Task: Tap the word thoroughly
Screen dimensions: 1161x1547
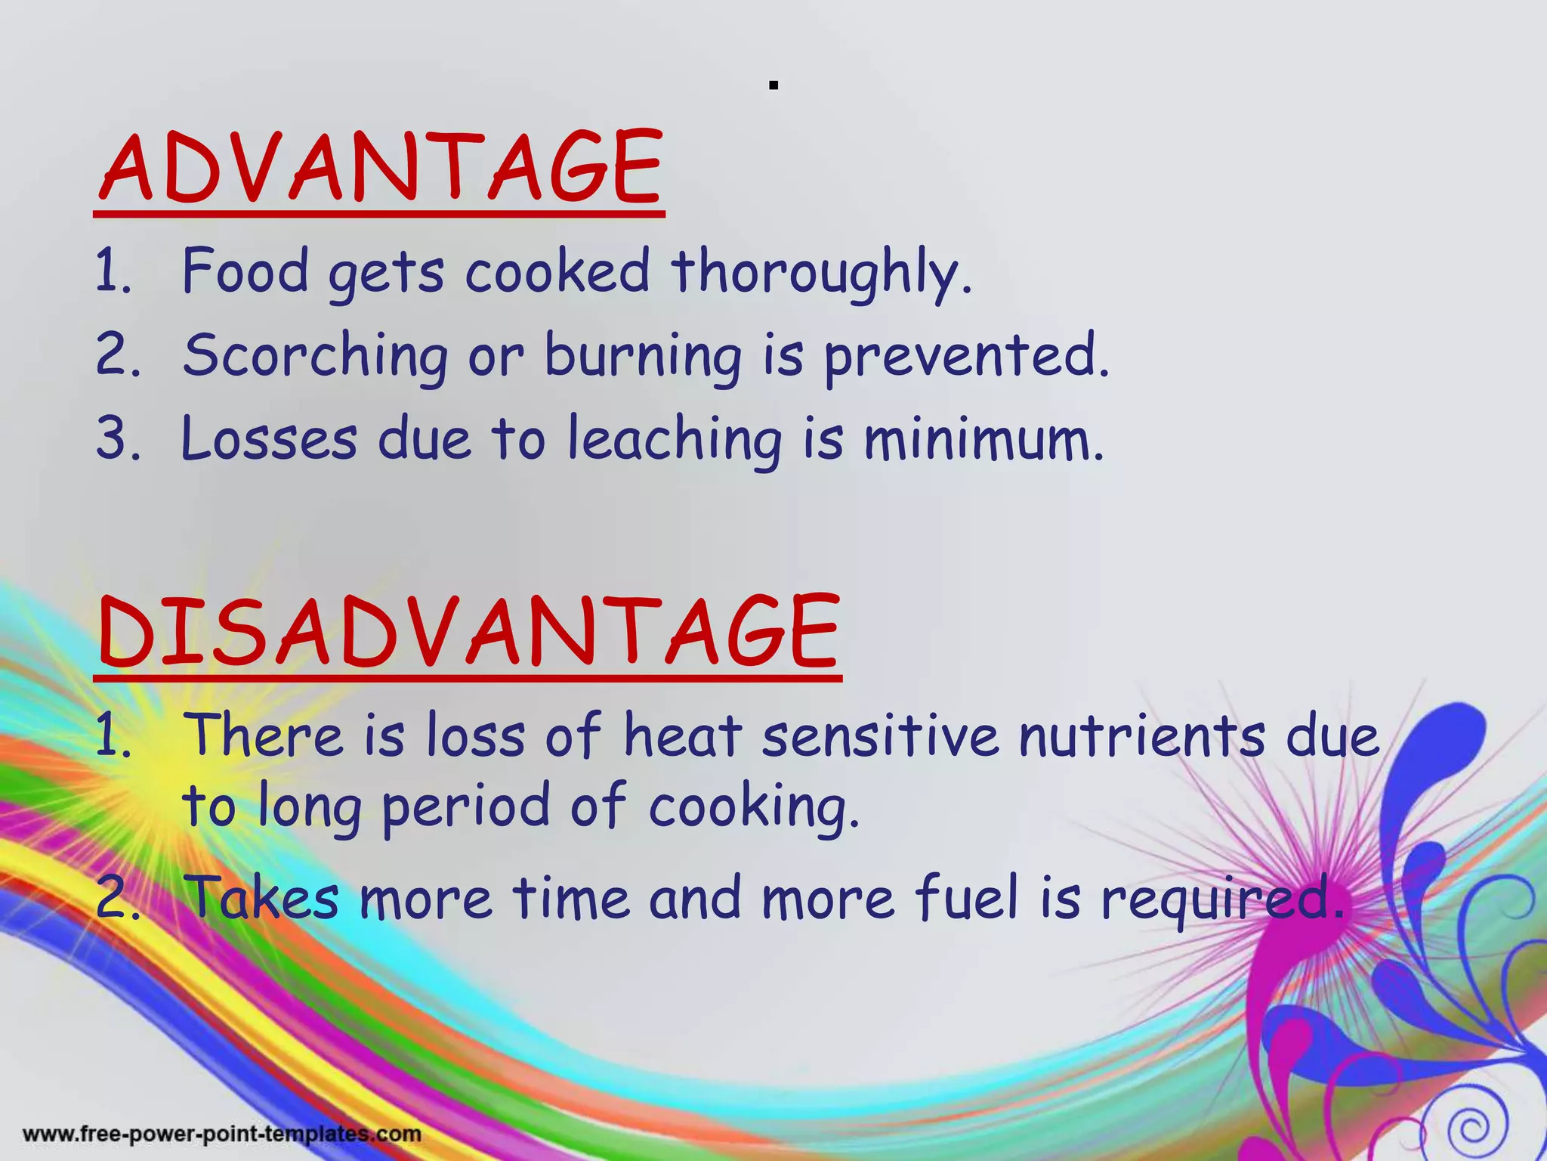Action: click(822, 272)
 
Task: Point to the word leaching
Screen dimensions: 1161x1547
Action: click(675, 440)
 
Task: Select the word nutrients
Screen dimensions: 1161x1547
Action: click(1141, 736)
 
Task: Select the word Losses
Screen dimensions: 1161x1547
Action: click(269, 440)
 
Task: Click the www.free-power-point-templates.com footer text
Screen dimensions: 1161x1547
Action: click(222, 1134)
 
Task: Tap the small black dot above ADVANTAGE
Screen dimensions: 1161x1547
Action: click(773, 86)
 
